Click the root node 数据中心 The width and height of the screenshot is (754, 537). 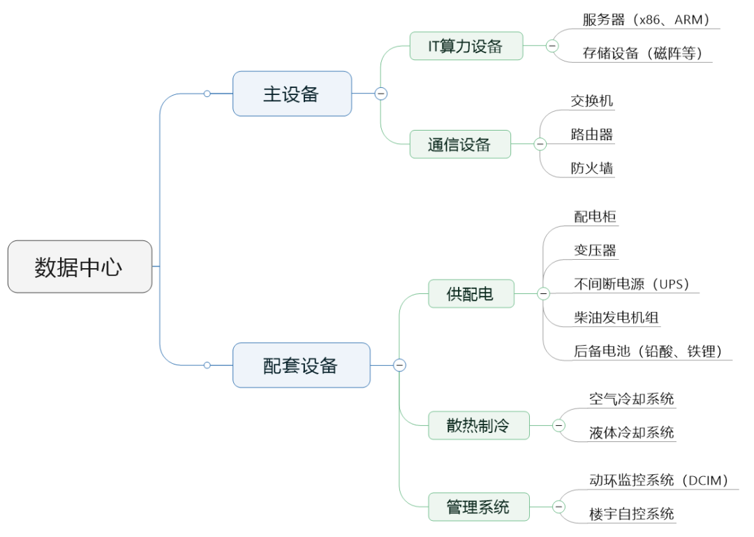click(x=80, y=267)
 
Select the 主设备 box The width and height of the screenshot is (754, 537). click(x=292, y=94)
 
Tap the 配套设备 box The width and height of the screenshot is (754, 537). click(x=301, y=365)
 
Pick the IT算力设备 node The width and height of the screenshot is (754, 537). click(x=466, y=46)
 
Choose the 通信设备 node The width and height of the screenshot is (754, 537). click(x=459, y=145)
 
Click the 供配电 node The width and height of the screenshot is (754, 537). click(x=471, y=294)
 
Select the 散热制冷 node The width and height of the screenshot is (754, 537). click(x=478, y=425)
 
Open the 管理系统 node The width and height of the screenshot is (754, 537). click(x=478, y=506)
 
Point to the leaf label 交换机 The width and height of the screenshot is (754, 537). click(x=591, y=101)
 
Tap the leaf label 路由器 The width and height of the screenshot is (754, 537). click(x=591, y=134)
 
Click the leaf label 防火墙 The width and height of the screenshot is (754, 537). click(x=591, y=168)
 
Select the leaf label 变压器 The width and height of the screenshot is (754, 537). click(x=595, y=250)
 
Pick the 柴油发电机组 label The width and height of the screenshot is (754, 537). click(x=616, y=318)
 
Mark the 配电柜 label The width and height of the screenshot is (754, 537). click(x=595, y=216)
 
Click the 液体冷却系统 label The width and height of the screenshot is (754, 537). click(x=631, y=432)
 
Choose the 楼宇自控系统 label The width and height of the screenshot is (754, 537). click(x=631, y=514)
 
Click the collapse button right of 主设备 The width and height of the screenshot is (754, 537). click(x=380, y=94)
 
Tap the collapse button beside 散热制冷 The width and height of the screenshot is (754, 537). click(x=559, y=425)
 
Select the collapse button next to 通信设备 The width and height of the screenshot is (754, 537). click(x=540, y=145)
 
